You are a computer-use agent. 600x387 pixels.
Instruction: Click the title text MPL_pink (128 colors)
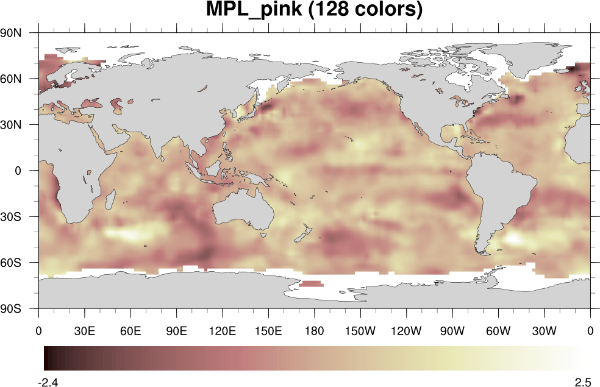313,10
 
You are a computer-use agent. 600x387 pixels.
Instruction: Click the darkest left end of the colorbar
46,358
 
